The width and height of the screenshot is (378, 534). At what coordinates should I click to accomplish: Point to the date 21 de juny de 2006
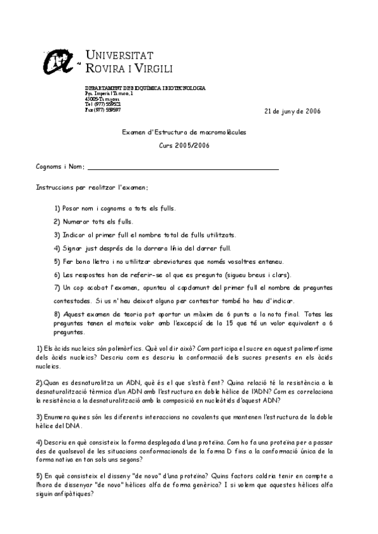point(292,111)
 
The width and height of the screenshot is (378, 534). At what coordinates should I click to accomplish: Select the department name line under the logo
point(145,88)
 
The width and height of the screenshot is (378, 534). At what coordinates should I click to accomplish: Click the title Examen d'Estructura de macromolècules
point(184,132)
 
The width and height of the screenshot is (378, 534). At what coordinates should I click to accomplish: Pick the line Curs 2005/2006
point(184,145)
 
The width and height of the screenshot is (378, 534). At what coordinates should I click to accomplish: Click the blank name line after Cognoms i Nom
point(183,168)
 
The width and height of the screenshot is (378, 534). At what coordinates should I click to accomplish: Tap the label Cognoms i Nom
point(60,166)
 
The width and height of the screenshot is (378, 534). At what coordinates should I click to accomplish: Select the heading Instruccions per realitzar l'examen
point(92,188)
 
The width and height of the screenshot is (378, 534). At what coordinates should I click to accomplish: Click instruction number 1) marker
point(57,208)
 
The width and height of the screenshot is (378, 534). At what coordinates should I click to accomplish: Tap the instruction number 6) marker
point(57,274)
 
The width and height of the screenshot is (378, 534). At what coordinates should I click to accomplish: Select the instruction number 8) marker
point(57,314)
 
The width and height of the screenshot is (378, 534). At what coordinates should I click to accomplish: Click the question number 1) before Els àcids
point(38,348)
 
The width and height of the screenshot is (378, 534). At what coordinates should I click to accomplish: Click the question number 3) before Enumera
point(38,416)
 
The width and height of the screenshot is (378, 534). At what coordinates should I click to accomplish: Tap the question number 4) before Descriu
point(38,443)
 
